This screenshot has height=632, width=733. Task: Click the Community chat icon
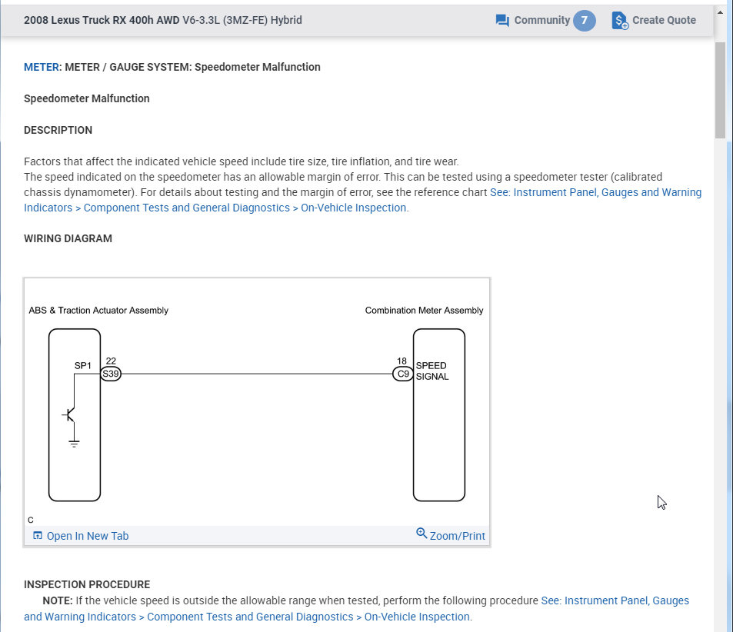point(503,21)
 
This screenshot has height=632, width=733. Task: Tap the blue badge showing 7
point(584,21)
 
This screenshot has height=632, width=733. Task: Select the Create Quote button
point(654,21)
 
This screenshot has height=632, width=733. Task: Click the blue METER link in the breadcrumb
point(42,67)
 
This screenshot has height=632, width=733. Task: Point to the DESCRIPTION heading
point(58,130)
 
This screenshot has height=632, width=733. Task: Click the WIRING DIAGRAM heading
point(68,238)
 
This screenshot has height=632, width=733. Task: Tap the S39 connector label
point(111,374)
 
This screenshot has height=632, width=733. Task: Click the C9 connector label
point(403,374)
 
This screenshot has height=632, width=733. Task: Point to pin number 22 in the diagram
point(111,361)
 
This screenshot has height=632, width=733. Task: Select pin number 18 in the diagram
point(402,361)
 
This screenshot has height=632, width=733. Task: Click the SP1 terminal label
point(83,366)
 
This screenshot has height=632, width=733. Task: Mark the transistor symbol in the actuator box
point(71,415)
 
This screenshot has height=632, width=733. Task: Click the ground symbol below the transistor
point(74,443)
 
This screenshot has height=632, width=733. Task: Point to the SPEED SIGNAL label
point(431,371)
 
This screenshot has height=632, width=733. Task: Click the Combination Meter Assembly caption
point(424,311)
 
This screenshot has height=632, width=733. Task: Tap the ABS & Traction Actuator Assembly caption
point(98,311)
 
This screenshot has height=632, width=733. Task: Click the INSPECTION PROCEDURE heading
point(87,584)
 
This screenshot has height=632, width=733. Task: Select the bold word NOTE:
point(58,600)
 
